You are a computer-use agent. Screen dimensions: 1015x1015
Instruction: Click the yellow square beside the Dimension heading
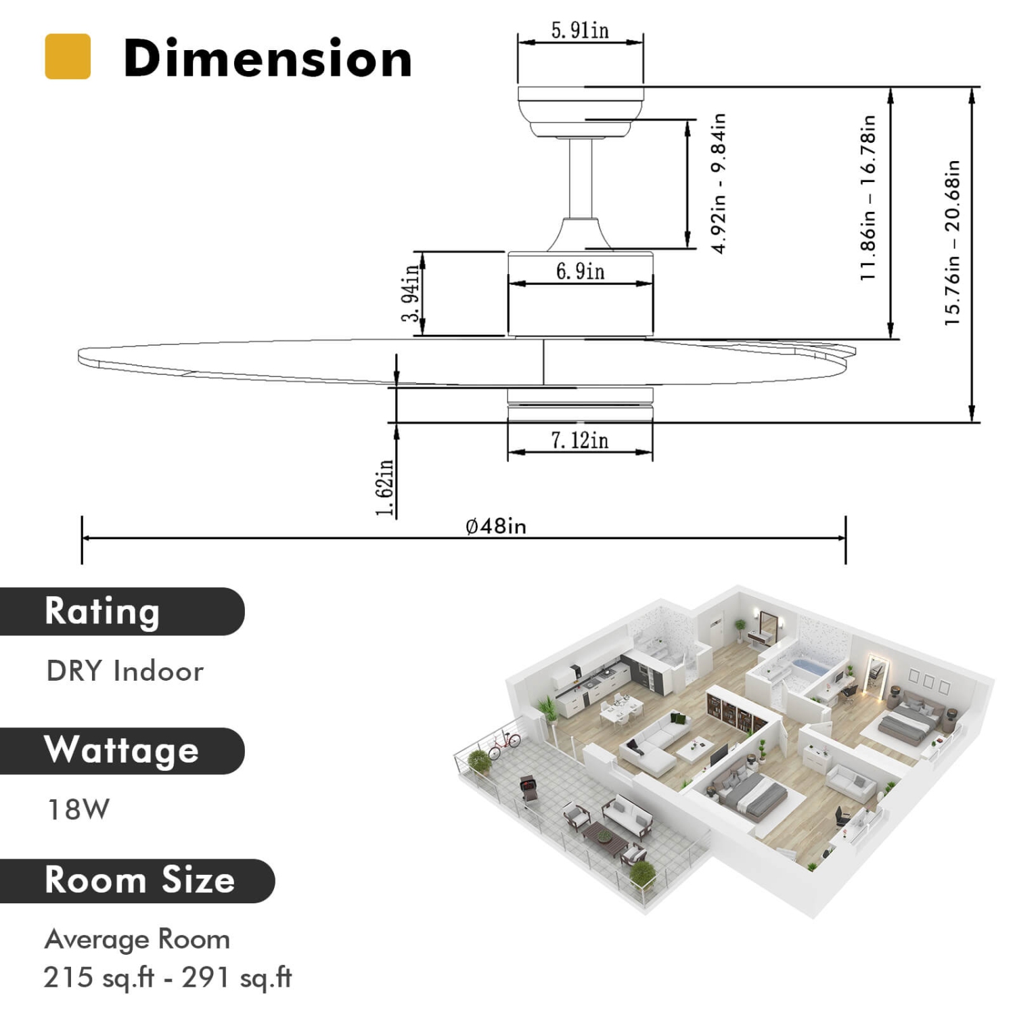[x=68, y=57]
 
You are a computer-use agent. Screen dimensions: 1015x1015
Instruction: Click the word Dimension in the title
[x=267, y=59]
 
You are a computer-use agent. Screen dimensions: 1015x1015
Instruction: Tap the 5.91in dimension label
[x=580, y=30]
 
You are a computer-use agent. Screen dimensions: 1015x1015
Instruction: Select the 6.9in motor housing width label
[x=580, y=271]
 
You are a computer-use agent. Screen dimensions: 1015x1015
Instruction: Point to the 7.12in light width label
[x=580, y=441]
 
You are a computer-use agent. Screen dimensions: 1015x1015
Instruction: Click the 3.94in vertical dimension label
[x=411, y=293]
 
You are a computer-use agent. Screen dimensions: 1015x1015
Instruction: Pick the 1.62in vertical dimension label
[x=384, y=487]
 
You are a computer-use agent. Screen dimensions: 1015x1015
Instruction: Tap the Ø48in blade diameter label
[x=496, y=526]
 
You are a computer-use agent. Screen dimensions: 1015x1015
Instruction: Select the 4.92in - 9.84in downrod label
[x=719, y=183]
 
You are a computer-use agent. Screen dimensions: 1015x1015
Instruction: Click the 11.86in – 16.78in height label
[x=868, y=198]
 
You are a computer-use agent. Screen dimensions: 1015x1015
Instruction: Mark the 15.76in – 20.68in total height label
[x=953, y=243]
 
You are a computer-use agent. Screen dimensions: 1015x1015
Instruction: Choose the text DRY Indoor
[x=125, y=671]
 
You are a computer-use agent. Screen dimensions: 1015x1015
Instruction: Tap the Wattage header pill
[x=122, y=750]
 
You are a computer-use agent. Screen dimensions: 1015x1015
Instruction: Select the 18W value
[x=78, y=809]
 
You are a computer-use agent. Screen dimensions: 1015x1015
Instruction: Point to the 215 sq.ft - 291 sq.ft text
[x=168, y=977]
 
